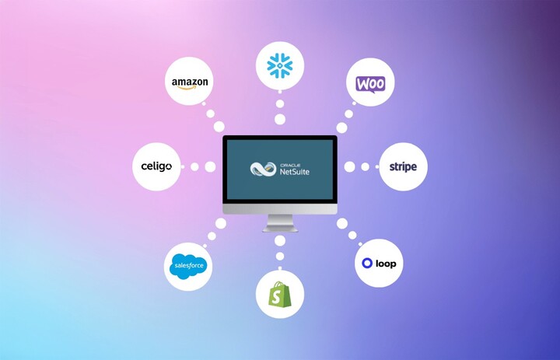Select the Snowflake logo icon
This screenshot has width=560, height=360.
(x=280, y=65)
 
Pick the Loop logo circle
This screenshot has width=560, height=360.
(x=379, y=264)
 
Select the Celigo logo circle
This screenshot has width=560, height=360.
(x=156, y=166)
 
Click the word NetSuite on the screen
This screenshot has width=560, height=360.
(x=294, y=171)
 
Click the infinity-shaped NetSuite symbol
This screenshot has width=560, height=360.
(x=263, y=168)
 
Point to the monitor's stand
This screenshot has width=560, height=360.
(x=280, y=223)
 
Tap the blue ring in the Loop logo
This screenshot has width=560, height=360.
(x=367, y=264)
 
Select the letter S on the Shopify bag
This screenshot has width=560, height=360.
(x=279, y=296)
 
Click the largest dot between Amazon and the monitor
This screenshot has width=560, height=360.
(x=219, y=127)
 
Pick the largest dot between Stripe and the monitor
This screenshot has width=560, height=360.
(x=350, y=166)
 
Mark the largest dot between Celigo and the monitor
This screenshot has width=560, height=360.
(x=209, y=166)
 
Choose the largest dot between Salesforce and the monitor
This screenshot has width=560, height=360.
(x=221, y=224)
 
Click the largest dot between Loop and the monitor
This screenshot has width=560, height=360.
(x=341, y=224)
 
